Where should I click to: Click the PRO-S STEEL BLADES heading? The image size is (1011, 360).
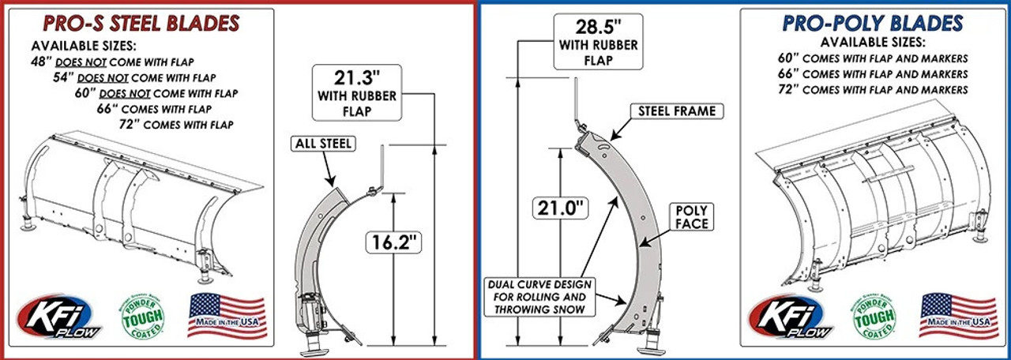coord(141,24)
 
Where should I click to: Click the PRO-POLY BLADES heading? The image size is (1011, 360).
coord(872,23)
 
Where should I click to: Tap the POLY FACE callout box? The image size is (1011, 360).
coord(691,217)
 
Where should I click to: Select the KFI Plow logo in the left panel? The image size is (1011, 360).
coord(66,317)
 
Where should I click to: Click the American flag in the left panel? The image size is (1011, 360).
coord(227,315)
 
